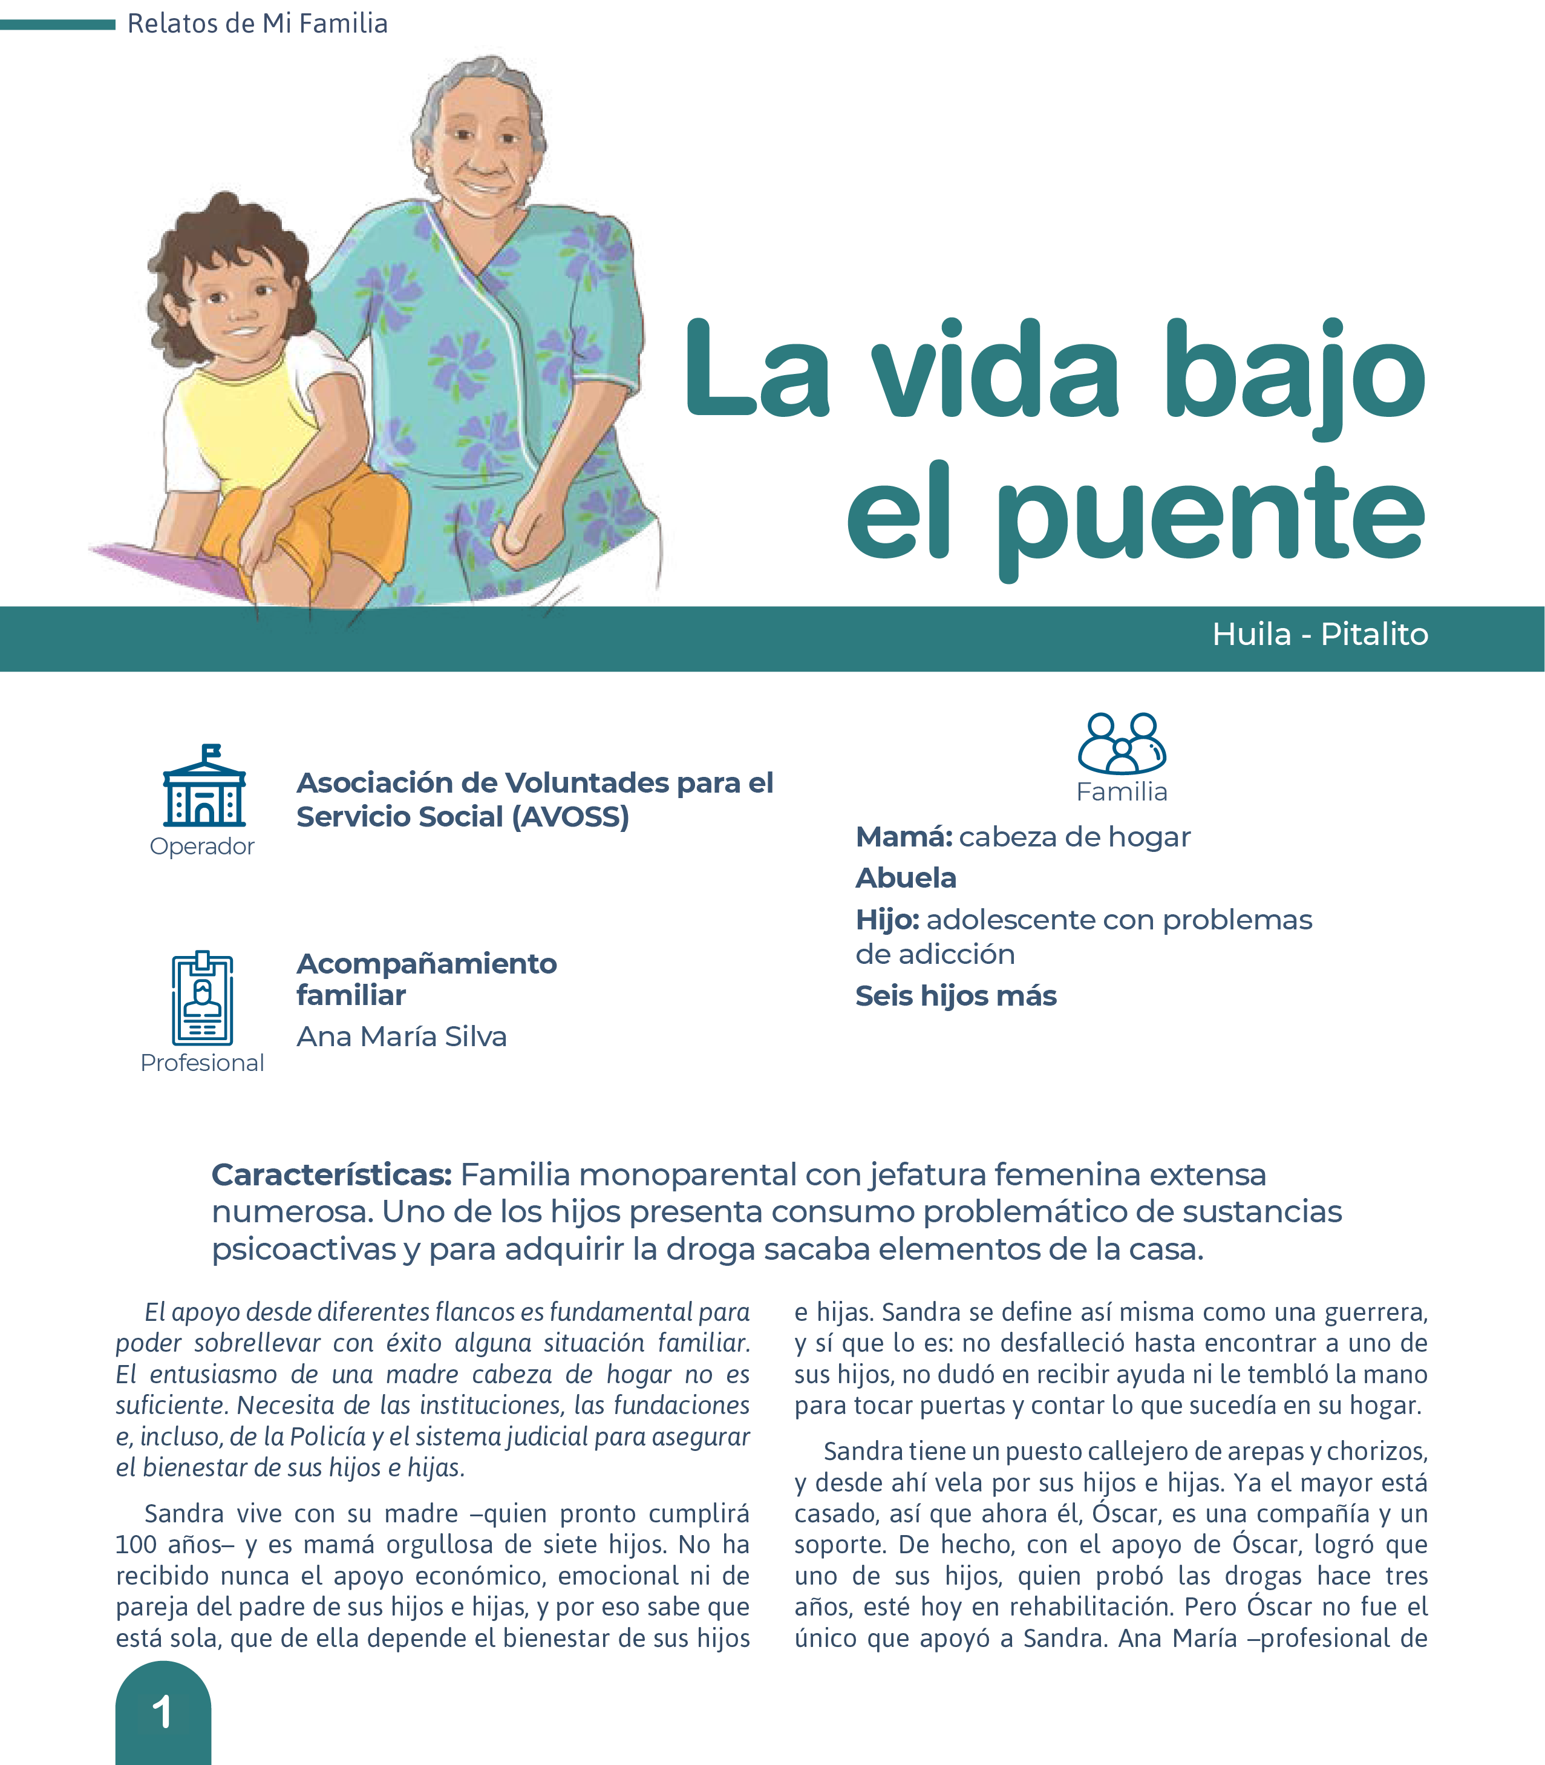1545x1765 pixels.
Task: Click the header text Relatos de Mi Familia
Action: [257, 23]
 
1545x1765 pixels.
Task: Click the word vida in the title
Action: [996, 373]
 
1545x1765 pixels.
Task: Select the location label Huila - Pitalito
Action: [1319, 635]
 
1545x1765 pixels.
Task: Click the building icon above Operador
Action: [204, 787]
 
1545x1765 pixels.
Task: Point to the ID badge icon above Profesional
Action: [202, 998]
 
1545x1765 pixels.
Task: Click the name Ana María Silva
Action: [401, 1036]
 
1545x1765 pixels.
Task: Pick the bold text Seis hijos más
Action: [955, 996]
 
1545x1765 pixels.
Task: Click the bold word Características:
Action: [331, 1174]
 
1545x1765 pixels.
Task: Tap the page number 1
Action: [162, 1712]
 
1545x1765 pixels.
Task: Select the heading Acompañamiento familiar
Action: [426, 978]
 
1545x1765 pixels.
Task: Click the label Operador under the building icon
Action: [202, 846]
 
